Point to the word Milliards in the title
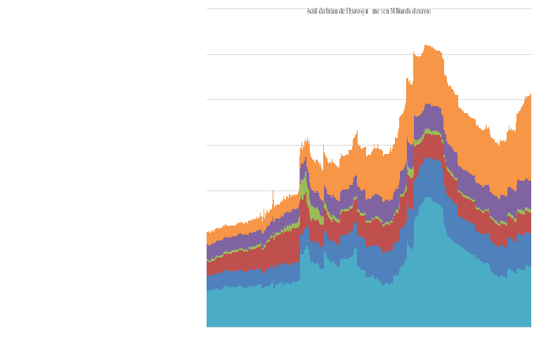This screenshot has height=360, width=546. tap(400, 11)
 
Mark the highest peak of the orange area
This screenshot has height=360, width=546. tap(426, 46)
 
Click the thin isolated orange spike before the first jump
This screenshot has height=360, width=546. tap(273, 192)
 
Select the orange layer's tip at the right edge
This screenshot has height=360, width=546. tap(530, 95)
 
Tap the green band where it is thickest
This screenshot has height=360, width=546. tap(304, 186)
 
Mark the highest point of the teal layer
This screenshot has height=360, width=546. tap(427, 198)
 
